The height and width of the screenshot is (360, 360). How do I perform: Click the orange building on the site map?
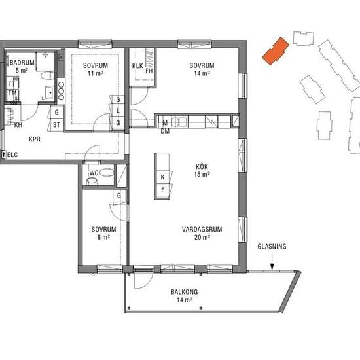tap(276, 51)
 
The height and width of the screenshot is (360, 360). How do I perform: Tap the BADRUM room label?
tap(22, 62)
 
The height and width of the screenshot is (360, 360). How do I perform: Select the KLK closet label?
tap(137, 66)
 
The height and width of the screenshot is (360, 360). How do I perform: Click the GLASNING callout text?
tap(272, 247)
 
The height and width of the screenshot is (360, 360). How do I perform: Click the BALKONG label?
tap(185, 292)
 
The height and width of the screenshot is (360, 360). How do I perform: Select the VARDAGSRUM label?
tap(202, 229)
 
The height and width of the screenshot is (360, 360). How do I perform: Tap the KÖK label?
tap(202, 166)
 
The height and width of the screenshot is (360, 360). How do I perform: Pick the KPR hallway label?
tap(35, 139)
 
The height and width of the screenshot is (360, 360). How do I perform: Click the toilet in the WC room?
tap(107, 172)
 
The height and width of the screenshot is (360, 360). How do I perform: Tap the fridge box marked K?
tap(163, 177)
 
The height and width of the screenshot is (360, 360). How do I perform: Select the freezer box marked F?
tap(163, 190)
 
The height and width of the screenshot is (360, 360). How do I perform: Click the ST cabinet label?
tap(56, 125)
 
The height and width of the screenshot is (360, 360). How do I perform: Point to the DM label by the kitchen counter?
tap(165, 131)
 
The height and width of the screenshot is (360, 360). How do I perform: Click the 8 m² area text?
tap(103, 237)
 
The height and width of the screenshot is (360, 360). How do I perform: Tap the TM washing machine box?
tap(12, 93)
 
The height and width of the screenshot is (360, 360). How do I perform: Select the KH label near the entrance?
tap(18, 125)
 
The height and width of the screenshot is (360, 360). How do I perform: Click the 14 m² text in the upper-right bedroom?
tap(202, 73)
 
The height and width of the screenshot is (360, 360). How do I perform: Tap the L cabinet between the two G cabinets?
tap(118, 111)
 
